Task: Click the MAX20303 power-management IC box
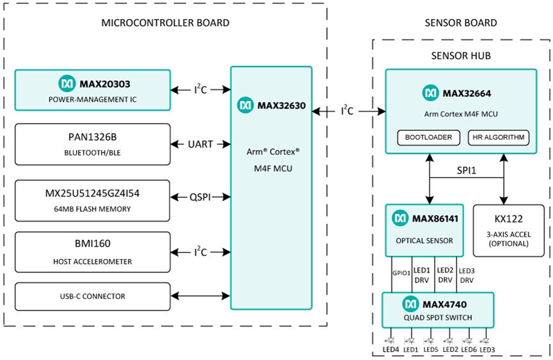93,90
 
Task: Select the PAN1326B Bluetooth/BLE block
93,144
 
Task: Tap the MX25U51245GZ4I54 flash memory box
93,200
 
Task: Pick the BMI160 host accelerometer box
93,252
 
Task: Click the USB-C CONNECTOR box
93,296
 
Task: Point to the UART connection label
201,144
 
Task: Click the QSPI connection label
201,198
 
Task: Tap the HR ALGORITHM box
499,137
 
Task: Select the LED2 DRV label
445,274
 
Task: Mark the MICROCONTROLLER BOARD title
165,23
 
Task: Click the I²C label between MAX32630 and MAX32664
347,111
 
